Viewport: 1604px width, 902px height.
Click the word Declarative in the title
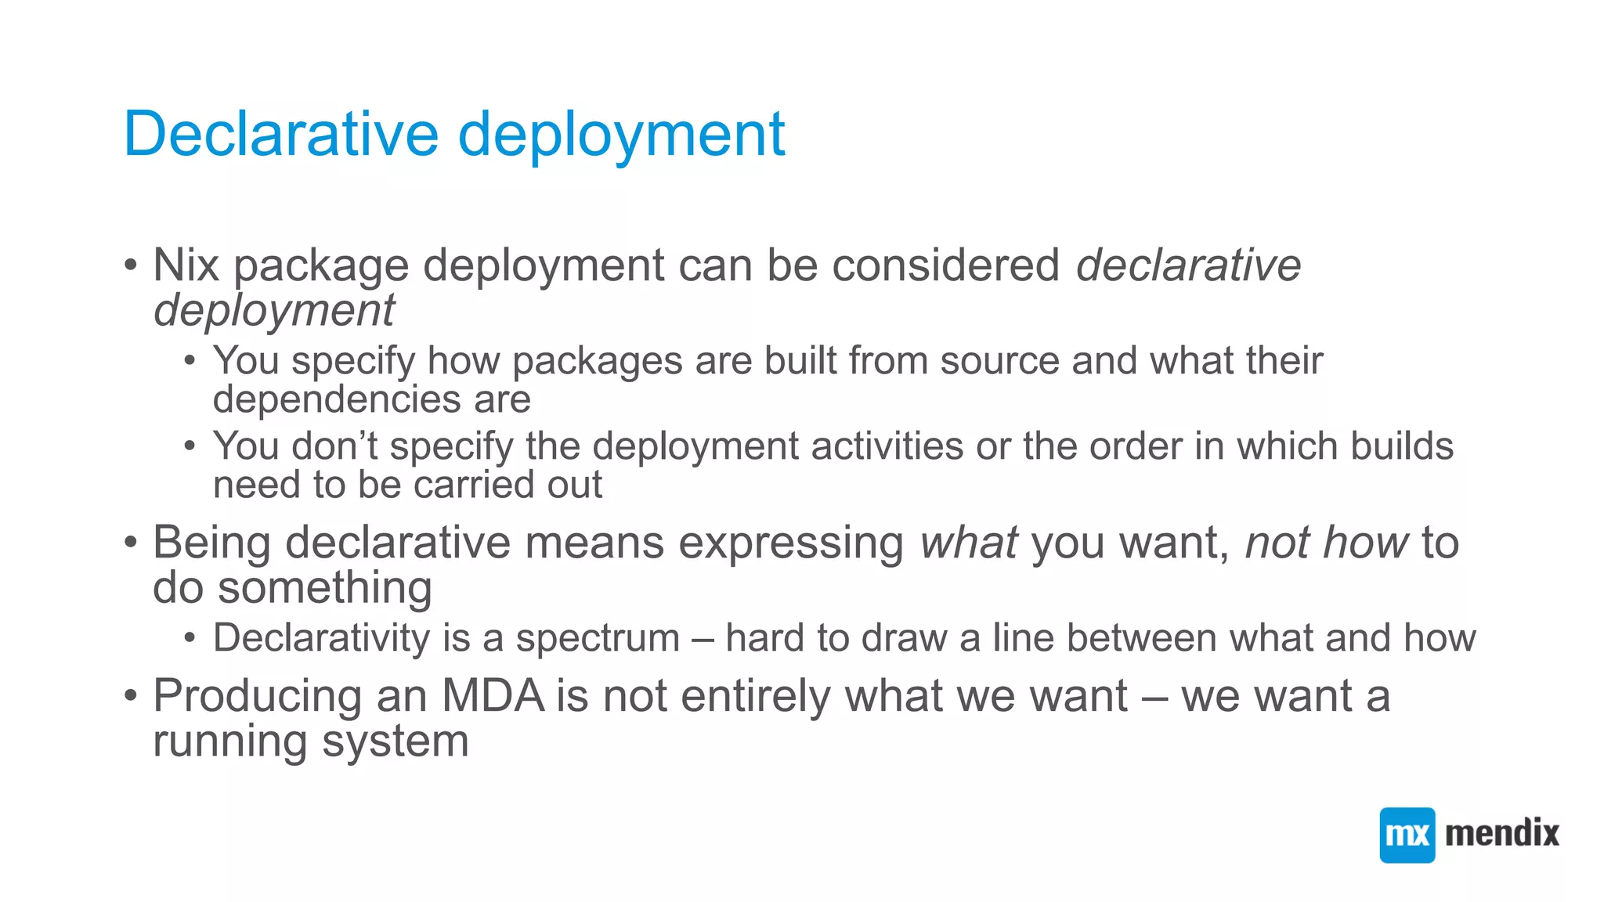pos(281,134)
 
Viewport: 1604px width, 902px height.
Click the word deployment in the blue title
pos(621,134)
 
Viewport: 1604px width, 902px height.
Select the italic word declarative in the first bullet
pos(1188,265)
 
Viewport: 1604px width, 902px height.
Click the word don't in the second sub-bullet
pos(334,446)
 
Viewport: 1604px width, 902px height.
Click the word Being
pos(211,543)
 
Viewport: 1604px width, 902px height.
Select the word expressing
pos(791,543)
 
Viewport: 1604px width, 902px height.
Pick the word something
pos(324,587)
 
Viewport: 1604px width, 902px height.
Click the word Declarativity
pos(321,638)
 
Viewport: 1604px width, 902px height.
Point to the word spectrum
pos(598,638)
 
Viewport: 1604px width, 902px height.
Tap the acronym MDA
pos(493,695)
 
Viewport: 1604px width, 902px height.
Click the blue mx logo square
pos(1407,835)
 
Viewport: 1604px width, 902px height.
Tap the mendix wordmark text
pos(1501,833)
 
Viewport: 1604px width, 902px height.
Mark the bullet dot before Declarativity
pos(190,638)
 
